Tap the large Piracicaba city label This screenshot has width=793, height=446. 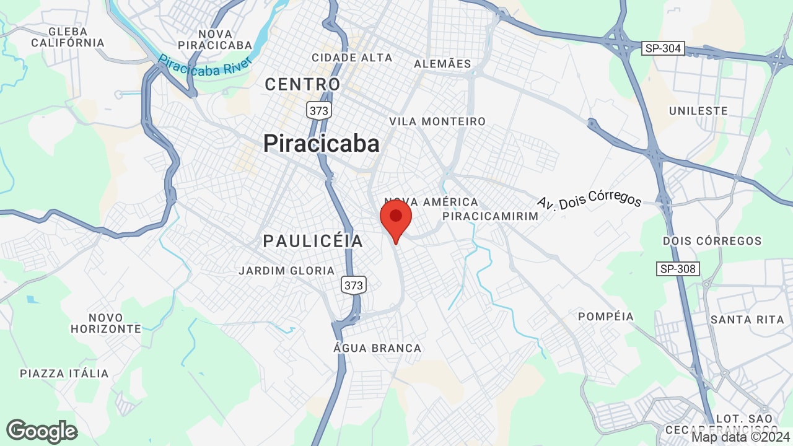pos(321,144)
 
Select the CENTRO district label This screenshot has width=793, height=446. pos(303,84)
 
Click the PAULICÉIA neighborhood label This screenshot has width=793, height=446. pos(313,241)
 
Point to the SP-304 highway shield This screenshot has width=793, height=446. pos(663,49)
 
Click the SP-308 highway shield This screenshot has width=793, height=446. pos(678,269)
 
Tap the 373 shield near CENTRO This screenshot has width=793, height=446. pos(319,111)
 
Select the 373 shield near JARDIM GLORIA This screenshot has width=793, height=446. pos(353,286)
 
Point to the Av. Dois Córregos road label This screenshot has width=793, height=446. pos(589,201)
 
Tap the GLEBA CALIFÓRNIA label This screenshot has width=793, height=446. pos(68,37)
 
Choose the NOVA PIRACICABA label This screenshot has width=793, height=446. pos(215,40)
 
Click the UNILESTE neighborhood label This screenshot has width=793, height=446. pos(698,111)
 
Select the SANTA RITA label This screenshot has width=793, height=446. pos(738,320)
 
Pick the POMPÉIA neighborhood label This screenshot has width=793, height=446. pos(606,317)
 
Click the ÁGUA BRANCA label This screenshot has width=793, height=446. pos(377,348)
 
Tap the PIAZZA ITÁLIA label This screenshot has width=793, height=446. pos(64,374)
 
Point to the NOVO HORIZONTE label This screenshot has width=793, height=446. pos(106,323)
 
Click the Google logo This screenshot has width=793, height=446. pos(42,431)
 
